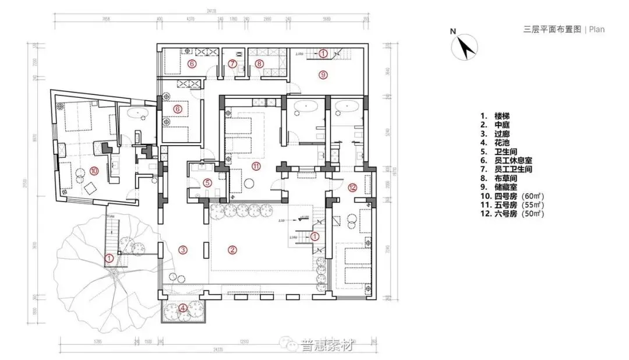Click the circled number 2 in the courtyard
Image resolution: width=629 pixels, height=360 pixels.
[x=232, y=250]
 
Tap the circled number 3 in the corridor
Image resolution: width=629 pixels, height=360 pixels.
[x=183, y=250]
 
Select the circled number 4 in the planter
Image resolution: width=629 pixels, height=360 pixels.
[x=183, y=308]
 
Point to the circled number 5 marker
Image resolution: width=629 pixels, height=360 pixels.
[x=208, y=182]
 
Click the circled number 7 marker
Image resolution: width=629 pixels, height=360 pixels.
[x=232, y=63]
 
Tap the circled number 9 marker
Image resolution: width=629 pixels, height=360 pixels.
[x=323, y=74]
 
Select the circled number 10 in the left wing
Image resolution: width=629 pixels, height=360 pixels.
[x=94, y=171]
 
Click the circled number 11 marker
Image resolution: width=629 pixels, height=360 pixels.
[x=255, y=166]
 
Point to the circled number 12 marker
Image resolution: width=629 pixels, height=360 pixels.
[x=352, y=187]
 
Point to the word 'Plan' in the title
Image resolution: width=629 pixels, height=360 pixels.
[x=596, y=29]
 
